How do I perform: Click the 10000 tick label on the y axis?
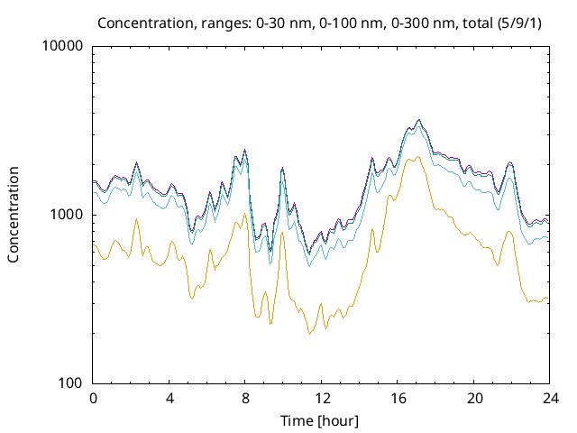64,47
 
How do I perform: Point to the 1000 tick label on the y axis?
68,215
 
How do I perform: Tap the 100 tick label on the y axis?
71,383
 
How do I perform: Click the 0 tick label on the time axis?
93,398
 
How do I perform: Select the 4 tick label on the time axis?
169,398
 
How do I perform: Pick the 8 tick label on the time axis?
245,398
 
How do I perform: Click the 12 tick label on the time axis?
321,398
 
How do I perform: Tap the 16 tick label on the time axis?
398,398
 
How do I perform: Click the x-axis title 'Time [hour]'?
321,420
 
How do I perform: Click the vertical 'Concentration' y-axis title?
14,215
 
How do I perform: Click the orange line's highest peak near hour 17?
417,157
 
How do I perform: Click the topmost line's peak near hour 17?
418,119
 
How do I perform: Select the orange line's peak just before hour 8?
244,214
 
